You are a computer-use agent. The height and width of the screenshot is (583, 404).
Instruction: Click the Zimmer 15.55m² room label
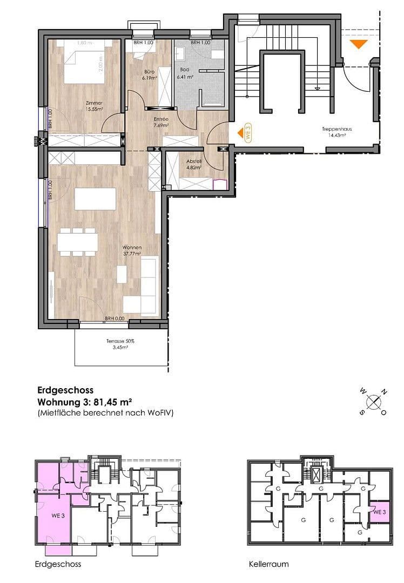click(93, 105)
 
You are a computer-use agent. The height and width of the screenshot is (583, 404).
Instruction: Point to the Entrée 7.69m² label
click(160, 122)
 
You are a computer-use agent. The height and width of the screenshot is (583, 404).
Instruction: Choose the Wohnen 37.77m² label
click(132, 250)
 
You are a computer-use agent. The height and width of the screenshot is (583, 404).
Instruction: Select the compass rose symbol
click(373, 402)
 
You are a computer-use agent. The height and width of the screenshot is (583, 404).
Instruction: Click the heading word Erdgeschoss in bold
click(65, 390)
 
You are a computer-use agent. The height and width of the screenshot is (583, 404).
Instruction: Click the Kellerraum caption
click(268, 564)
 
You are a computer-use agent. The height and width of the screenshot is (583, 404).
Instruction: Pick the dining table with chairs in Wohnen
click(77, 241)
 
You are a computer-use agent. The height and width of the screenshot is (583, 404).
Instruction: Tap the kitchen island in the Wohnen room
click(95, 198)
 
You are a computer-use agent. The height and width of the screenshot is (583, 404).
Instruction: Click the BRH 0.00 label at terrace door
click(115, 318)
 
